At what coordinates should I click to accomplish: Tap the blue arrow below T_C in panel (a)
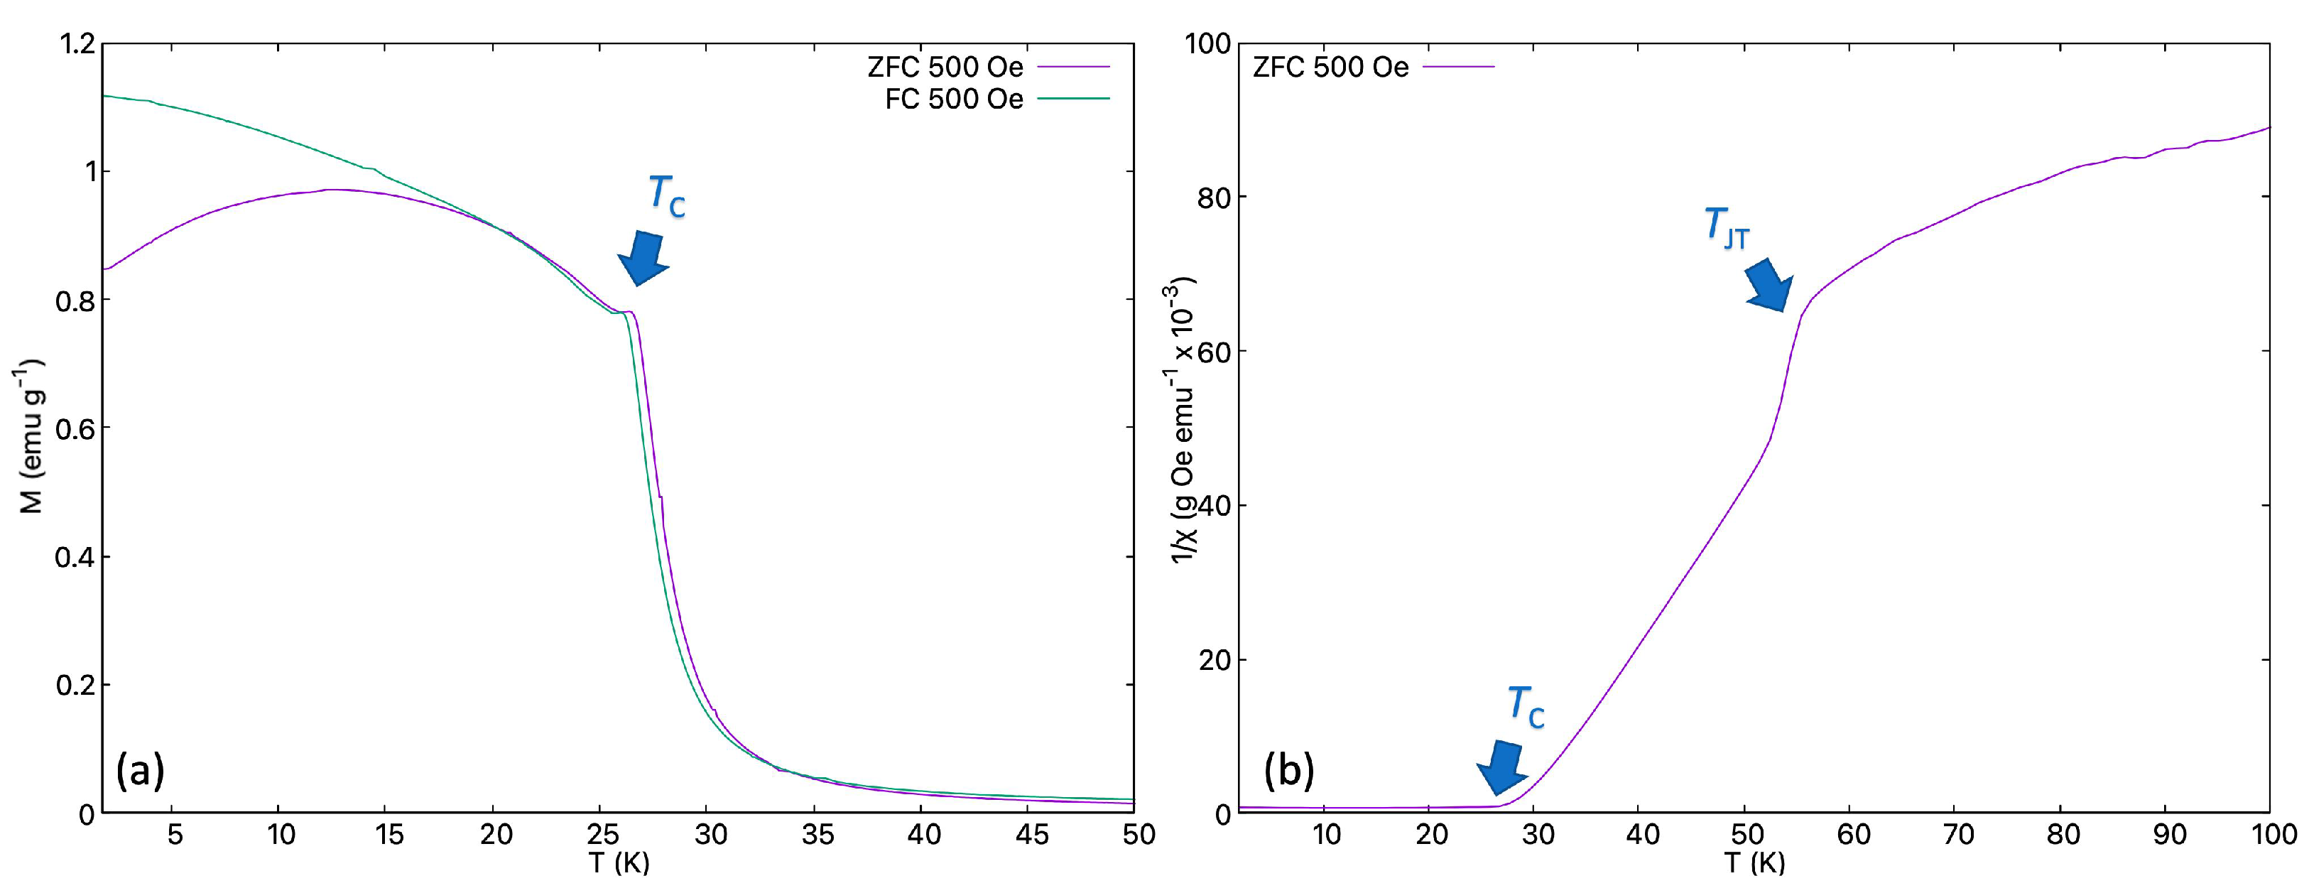643,257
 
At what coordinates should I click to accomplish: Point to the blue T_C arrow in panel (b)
1501,767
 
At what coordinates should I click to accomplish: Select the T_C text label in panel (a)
667,196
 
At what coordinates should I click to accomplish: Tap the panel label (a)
140,770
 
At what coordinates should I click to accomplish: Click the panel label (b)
1289,770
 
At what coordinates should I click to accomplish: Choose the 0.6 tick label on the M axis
75,428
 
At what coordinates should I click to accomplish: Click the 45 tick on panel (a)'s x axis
1032,835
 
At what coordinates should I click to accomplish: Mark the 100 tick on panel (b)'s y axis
1207,43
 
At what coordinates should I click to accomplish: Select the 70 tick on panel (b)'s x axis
1959,835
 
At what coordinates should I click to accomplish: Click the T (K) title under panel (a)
619,863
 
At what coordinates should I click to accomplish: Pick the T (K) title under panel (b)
1754,863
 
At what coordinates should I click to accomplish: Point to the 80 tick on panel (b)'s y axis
1215,197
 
